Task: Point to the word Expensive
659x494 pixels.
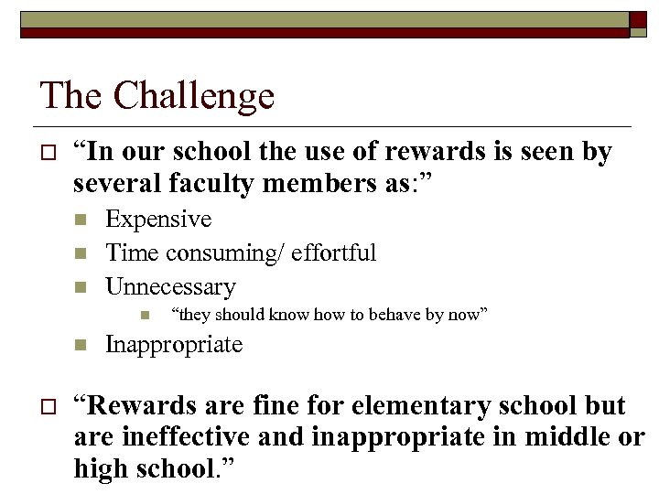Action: (x=158, y=220)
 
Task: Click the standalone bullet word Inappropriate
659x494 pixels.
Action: (x=174, y=345)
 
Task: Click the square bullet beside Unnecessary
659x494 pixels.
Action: (x=81, y=287)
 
